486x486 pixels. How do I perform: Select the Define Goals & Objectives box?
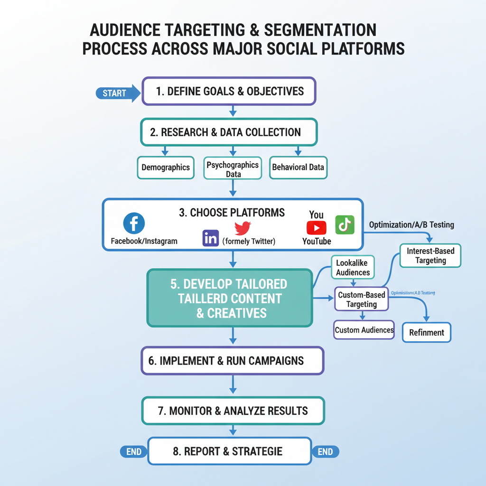click(229, 91)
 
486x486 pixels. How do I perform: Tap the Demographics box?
click(165, 168)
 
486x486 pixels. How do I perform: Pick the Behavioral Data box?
click(298, 168)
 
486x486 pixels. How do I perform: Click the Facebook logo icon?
click(134, 223)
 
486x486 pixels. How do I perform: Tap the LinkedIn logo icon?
click(210, 238)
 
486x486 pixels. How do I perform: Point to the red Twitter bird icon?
click(243, 228)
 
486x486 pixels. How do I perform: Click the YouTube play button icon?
click(317, 228)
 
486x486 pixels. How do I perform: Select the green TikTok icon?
click(345, 224)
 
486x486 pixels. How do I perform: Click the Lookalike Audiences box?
click(353, 268)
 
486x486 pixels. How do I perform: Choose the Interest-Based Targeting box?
click(430, 256)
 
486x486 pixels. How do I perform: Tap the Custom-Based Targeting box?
click(361, 299)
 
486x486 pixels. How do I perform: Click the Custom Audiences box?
click(364, 330)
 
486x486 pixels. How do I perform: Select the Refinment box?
click(426, 333)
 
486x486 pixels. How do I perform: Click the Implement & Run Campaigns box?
click(232, 361)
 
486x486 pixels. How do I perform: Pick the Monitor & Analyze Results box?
click(233, 411)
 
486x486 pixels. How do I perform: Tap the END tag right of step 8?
click(325, 452)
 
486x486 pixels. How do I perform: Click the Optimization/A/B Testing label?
click(411, 224)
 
